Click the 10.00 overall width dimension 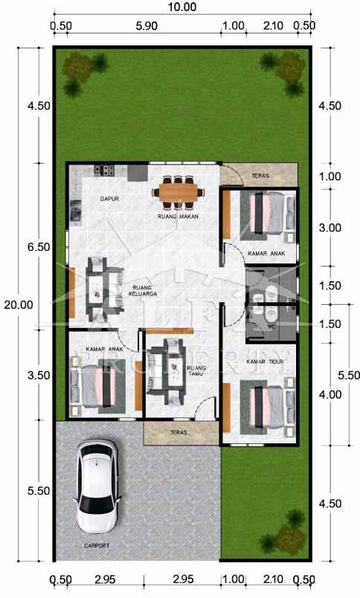pyautogui.click(x=182, y=7)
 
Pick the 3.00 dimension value pyautogui.click(x=330, y=228)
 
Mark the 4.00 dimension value pyautogui.click(x=330, y=394)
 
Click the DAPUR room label pyautogui.click(x=110, y=199)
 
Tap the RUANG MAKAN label pyautogui.click(x=177, y=216)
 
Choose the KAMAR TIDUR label pyautogui.click(x=266, y=362)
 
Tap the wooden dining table pyautogui.click(x=178, y=192)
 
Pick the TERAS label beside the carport pyautogui.click(x=179, y=432)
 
